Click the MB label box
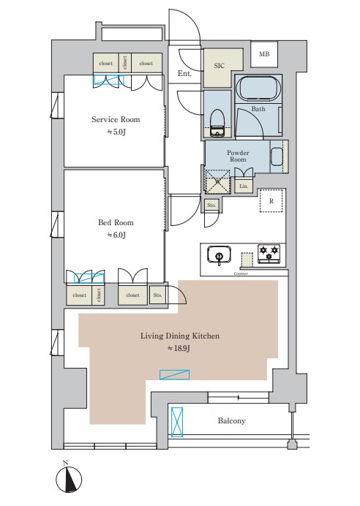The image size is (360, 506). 264,54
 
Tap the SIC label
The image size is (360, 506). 219,66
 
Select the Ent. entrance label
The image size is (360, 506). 184,74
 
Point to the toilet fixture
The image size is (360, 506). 217,124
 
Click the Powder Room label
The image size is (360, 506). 238,156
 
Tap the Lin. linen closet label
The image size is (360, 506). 244,186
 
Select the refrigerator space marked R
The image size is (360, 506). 271,201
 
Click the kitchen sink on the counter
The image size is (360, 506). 220,254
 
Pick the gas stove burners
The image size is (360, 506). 269,253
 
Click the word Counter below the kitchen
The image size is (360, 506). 241,273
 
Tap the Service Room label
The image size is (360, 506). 116,119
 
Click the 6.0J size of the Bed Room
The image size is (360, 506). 116,235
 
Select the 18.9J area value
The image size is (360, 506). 179,349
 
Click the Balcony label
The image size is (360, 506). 232,420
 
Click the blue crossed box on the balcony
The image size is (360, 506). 177,422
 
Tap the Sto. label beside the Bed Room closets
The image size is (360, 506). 157,295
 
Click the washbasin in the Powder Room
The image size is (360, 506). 277,156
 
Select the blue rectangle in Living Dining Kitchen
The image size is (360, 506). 175,374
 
